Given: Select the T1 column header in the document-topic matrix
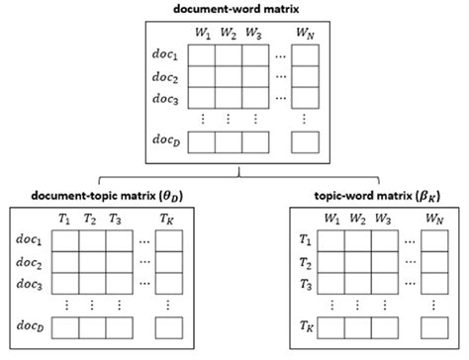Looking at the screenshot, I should [64, 218].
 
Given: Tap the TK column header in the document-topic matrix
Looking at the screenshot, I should [166, 218].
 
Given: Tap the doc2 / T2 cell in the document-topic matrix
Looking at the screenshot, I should [91, 262].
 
